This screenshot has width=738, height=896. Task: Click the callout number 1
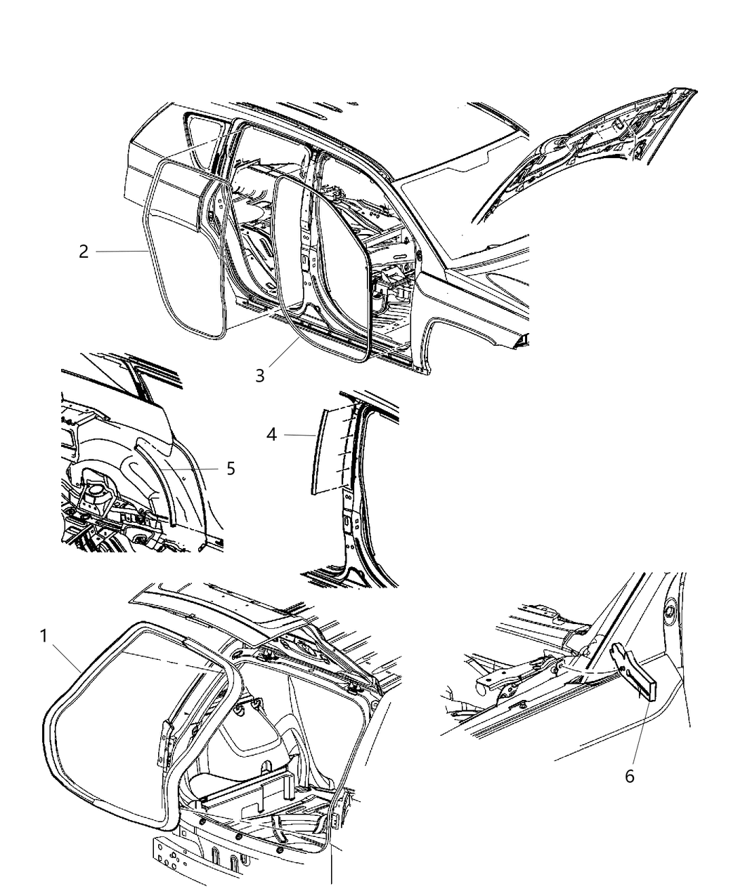pyautogui.click(x=44, y=636)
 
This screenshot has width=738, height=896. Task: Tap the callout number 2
pyautogui.click(x=84, y=252)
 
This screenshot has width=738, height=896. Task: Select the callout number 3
pyautogui.click(x=260, y=376)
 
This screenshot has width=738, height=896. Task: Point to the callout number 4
pyautogui.click(x=271, y=435)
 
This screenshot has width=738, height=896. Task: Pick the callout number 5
pyautogui.click(x=231, y=469)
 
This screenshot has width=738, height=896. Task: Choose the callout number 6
pyautogui.click(x=629, y=776)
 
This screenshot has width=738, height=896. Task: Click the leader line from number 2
pyautogui.click(x=121, y=252)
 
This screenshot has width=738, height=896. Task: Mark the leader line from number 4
pyautogui.click(x=299, y=435)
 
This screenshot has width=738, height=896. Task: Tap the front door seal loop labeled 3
pyautogui.click(x=277, y=257)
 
